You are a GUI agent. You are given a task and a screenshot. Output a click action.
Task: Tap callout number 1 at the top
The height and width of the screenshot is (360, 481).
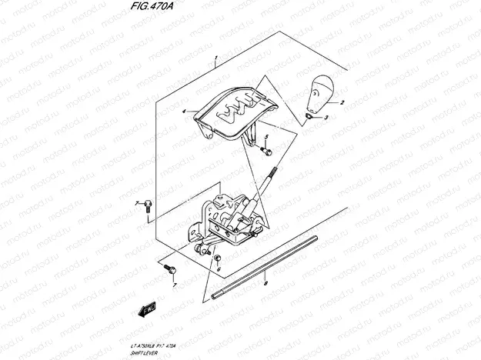coord(217,58)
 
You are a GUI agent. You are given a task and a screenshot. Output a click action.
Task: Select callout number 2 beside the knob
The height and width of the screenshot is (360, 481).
coord(342,102)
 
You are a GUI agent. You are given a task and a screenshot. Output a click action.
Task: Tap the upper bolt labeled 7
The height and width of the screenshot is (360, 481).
coord(148,203)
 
